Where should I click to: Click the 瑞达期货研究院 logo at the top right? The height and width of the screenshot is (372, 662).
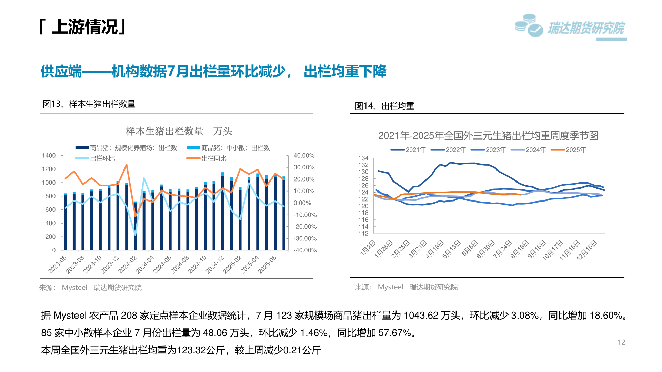coord(571,27)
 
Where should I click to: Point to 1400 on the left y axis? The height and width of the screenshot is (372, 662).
coord(49,156)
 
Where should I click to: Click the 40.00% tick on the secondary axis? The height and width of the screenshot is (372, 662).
coord(304,156)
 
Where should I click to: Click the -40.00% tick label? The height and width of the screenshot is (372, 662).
coord(305,250)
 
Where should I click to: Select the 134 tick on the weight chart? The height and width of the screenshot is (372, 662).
coord(363,158)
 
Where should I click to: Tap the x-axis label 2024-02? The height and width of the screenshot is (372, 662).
coord(127,265)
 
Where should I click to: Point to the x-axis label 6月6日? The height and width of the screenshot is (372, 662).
coord(470,248)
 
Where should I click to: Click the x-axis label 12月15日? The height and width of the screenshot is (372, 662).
coord(587,250)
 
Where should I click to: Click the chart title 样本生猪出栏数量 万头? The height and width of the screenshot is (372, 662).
coord(179,131)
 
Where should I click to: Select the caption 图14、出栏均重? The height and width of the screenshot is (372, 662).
coord(384,106)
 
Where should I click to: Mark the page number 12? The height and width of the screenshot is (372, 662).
coord(621,342)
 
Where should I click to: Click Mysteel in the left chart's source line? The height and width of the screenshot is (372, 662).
coord(74,288)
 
